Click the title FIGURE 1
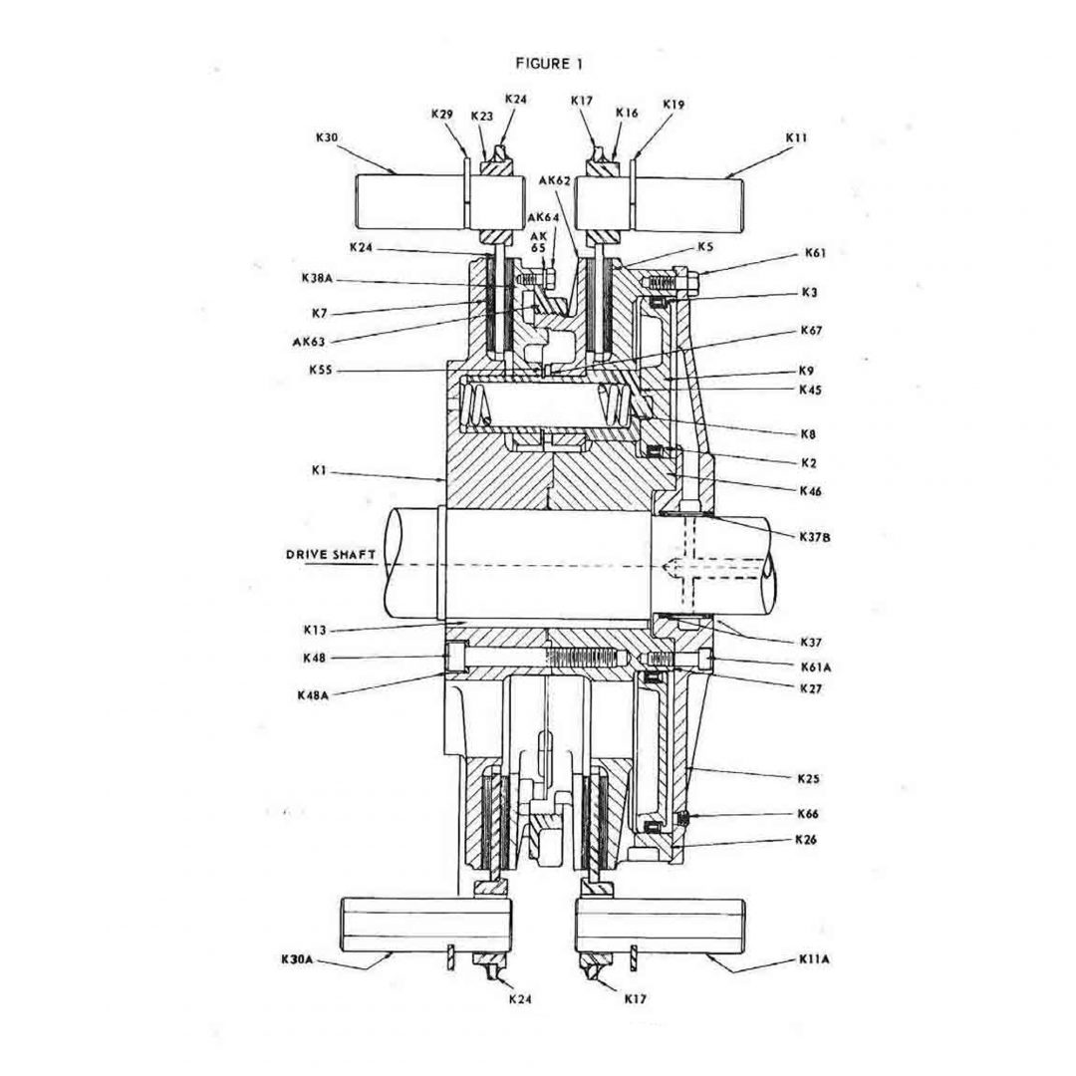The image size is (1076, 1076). coord(549,63)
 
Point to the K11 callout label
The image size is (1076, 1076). coord(796,136)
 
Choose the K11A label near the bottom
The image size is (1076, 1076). coord(814,959)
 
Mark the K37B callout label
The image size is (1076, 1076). coord(814,536)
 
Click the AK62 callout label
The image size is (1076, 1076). coord(554,180)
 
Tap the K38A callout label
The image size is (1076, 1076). coord(318,279)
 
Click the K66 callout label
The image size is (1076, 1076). coord(807,813)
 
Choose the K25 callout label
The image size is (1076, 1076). coord(807,777)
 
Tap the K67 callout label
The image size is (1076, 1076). coord(811,329)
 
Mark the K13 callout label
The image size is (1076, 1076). coord(315,630)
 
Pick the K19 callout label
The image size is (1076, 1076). coord(673,103)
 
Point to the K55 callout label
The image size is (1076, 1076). coord(321,371)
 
